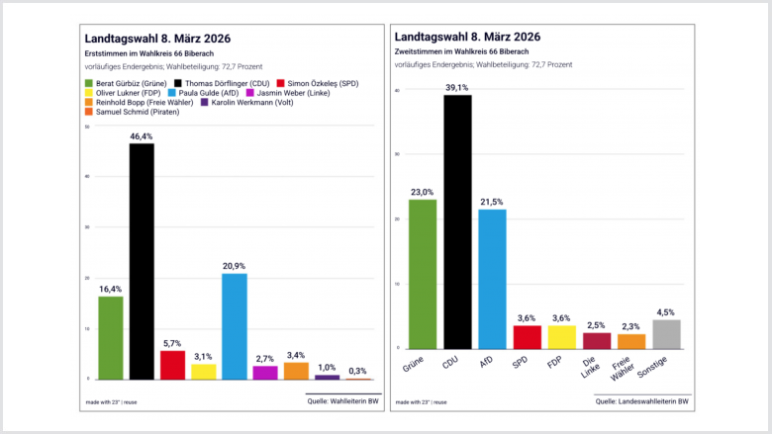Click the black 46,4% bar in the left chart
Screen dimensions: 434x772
142,262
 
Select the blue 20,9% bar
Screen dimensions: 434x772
235,326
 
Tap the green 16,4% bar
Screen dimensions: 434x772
111,337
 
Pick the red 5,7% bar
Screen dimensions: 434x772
172,365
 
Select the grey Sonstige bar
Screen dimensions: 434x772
667,334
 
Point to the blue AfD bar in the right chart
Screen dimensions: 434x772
492,279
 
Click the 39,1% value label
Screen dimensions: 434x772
457,87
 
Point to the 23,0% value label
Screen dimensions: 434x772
423,192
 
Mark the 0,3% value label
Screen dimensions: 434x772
357,371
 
